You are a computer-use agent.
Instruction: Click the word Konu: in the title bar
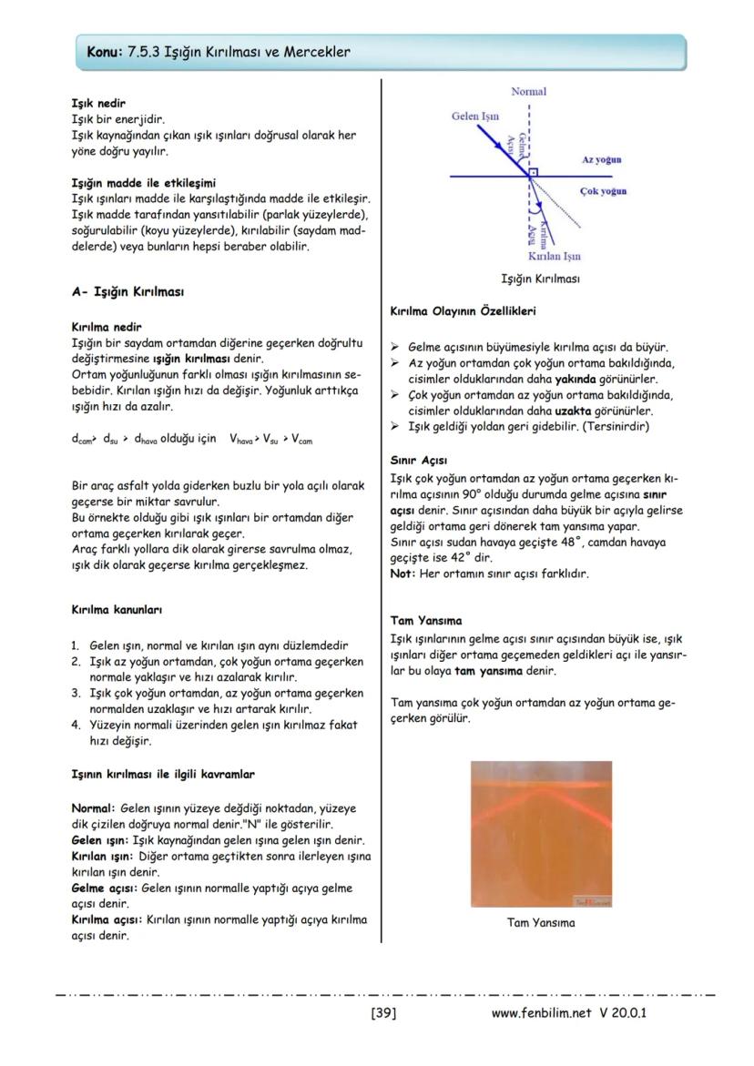click(104, 52)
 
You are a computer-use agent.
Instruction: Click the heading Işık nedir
click(98, 104)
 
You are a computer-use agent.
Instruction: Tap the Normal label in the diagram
click(529, 92)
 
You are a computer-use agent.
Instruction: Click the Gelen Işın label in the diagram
click(474, 117)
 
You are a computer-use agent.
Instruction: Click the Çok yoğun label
click(603, 191)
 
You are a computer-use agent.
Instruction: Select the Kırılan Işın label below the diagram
click(554, 257)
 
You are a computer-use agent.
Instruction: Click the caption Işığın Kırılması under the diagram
click(541, 279)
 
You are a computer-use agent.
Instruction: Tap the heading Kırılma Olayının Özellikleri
click(463, 311)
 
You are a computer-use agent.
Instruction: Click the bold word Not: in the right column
click(402, 574)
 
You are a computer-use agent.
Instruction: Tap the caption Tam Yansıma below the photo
click(541, 922)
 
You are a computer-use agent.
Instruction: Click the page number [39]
click(383, 1012)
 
